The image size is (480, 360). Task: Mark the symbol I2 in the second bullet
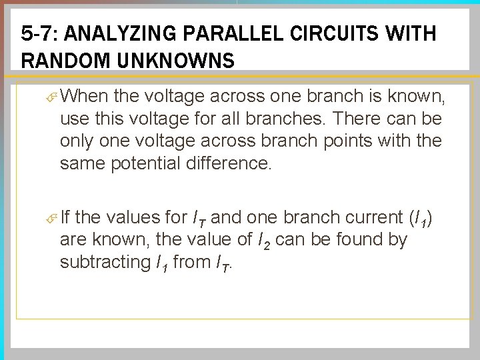[263, 239]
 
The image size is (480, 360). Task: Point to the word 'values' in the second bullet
[133, 217]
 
